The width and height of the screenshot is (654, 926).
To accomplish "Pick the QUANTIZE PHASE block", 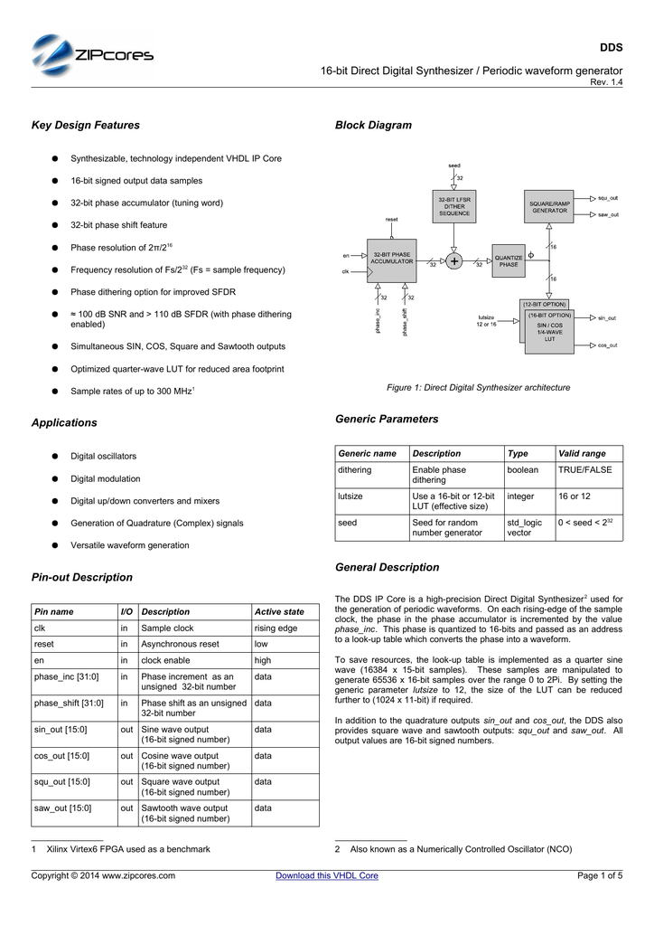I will pos(509,260).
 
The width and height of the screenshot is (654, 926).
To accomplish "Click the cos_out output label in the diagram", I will pos(607,345).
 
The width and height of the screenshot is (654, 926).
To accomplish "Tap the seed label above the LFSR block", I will pos(453,165).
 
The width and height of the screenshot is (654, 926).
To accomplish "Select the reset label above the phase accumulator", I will pos(391,220).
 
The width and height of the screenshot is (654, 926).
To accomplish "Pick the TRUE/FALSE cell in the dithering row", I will pos(584,470).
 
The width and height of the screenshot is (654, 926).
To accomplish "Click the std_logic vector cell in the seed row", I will pos(525,528).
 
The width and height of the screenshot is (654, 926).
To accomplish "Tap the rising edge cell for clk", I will pos(276,628).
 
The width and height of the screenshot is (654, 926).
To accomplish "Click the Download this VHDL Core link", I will pos(326,875).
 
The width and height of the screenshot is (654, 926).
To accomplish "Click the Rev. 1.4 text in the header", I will pos(606,83).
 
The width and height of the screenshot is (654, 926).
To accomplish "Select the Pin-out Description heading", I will pos(82,577).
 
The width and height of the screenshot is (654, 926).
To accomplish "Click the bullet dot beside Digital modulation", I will pos(55,478).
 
